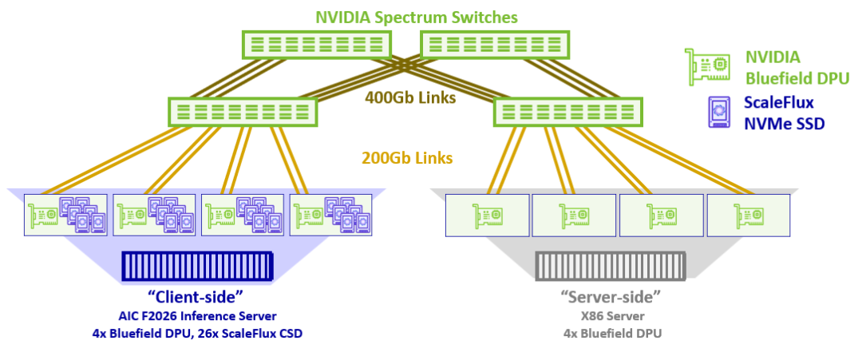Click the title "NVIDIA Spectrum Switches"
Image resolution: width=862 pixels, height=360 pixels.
pyautogui.click(x=417, y=17)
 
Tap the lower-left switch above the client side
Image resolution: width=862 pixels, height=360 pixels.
pyautogui.click(x=243, y=111)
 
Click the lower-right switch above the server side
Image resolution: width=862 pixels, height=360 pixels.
pyautogui.click(x=569, y=111)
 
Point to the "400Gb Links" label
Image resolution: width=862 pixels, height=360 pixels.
pyautogui.click(x=410, y=98)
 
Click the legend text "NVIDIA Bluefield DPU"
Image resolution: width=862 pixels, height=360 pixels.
pyautogui.click(x=796, y=67)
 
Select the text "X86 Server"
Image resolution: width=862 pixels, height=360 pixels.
pyautogui.click(x=611, y=316)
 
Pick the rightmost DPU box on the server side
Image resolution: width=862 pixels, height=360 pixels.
pyautogui.click(x=748, y=214)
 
